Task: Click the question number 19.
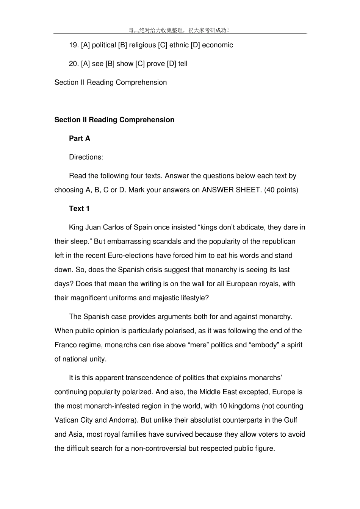point(74,45)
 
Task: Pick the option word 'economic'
point(218,45)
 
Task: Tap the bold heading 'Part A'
point(80,139)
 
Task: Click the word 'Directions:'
point(86,157)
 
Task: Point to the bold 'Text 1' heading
point(79,209)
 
